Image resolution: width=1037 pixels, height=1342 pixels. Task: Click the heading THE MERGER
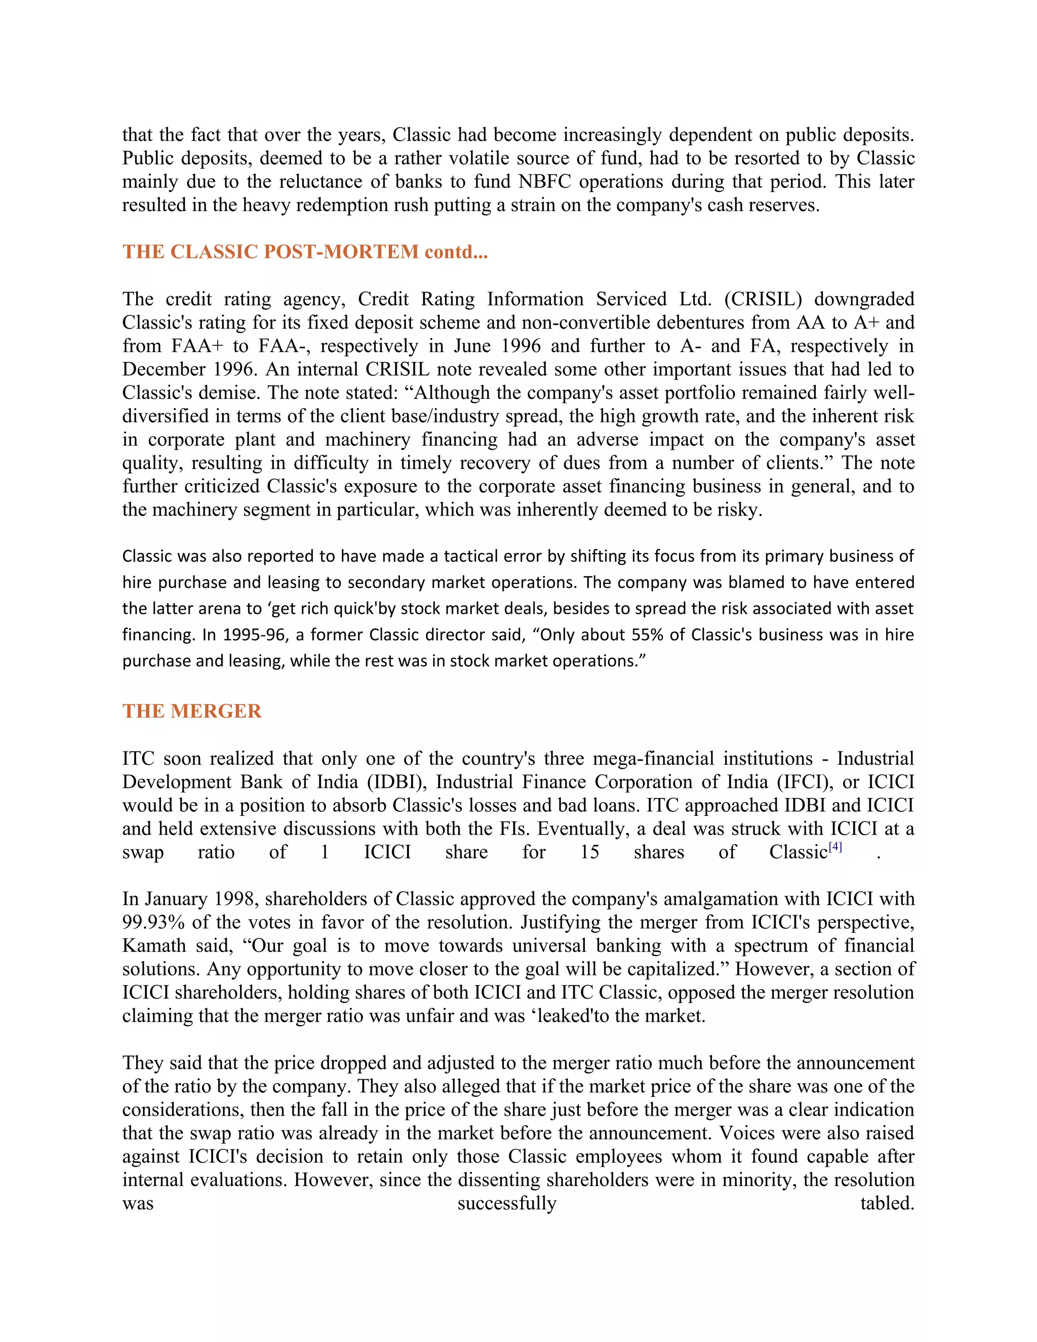click(x=192, y=711)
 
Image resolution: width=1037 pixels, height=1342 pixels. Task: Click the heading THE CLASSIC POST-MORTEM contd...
click(x=305, y=252)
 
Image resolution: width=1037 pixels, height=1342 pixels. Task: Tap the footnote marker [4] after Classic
click(x=835, y=847)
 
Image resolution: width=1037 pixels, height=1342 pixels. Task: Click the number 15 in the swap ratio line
click(x=589, y=852)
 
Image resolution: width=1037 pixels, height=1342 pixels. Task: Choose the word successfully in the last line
click(x=507, y=1203)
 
